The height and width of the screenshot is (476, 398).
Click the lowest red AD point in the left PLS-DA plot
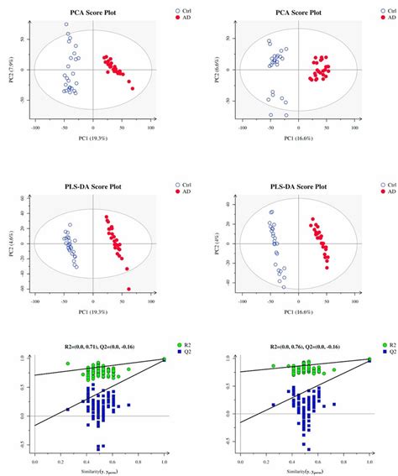pos(128,289)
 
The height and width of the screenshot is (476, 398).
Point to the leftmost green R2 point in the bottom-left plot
pos(68,364)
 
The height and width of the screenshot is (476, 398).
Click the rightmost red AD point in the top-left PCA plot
pos(133,88)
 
